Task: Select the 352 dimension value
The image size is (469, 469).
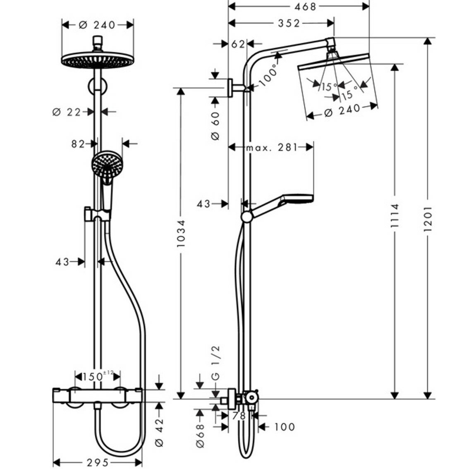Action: point(289,23)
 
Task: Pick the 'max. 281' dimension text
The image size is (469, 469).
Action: point(272,147)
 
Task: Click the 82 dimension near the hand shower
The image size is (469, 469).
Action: point(78,144)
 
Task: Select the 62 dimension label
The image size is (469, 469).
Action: point(238,44)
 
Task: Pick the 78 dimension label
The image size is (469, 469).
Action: point(239,415)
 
